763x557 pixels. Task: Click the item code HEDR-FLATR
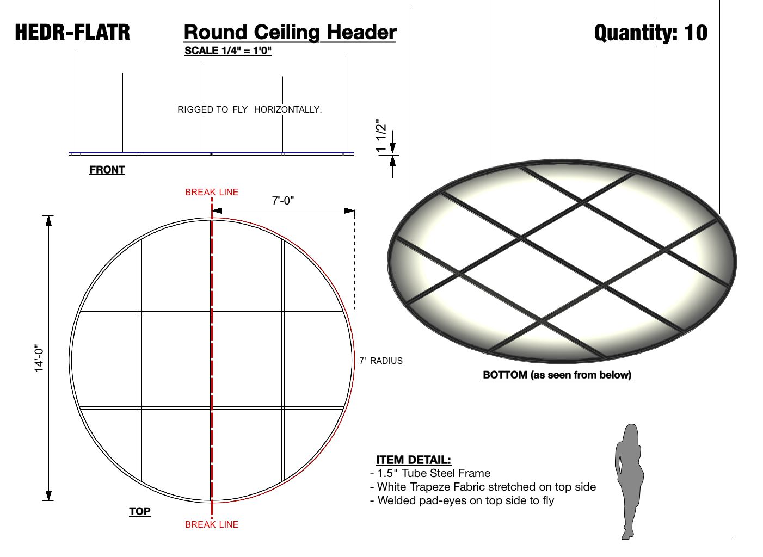click(72, 33)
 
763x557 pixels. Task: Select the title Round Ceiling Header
click(290, 33)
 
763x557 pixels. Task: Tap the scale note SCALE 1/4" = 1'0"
click(228, 51)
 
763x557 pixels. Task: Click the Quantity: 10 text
click(650, 33)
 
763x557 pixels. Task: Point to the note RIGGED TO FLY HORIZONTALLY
click(249, 109)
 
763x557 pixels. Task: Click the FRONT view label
click(107, 170)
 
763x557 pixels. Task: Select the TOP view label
click(140, 511)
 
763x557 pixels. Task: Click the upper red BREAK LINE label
click(212, 192)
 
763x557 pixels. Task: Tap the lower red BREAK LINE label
click(212, 524)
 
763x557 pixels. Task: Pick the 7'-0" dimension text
click(283, 201)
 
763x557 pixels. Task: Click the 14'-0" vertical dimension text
click(39, 358)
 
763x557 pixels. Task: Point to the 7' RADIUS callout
click(381, 361)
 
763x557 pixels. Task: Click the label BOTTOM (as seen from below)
click(557, 375)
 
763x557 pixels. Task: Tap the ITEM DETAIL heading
click(414, 460)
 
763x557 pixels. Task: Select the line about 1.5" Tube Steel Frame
click(430, 473)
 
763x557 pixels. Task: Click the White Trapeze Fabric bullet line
click(483, 487)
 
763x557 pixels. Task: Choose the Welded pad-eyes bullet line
click(462, 500)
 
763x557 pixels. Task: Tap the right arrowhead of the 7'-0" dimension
click(349, 211)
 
